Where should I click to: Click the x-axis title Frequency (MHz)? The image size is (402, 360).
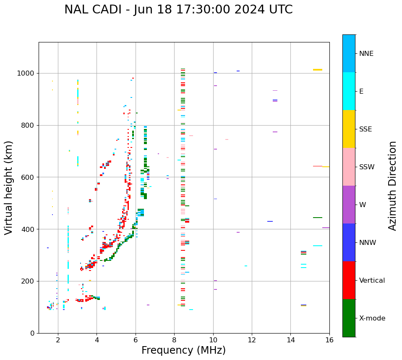pyautogui.click(x=183, y=350)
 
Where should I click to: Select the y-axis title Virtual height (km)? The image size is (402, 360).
pyautogui.click(x=9, y=188)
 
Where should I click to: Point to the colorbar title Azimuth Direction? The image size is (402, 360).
pyautogui.click(x=392, y=186)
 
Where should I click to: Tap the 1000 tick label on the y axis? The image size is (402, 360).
pyautogui.click(x=26, y=74)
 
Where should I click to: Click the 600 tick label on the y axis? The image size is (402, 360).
pyautogui.click(x=28, y=177)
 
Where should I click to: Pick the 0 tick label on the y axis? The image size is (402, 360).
pyautogui.click(x=32, y=333)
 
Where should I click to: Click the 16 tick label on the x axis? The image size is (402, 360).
pyautogui.click(x=329, y=340)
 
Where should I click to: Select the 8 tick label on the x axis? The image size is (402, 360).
pyautogui.click(x=174, y=340)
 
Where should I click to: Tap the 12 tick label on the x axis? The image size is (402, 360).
pyautogui.click(x=252, y=340)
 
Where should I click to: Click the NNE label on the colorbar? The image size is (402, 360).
pyautogui.click(x=366, y=54)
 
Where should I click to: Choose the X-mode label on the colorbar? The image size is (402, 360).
pyautogui.click(x=372, y=318)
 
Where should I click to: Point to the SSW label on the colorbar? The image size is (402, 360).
pyautogui.click(x=367, y=167)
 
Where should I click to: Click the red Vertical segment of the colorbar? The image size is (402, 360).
pyautogui.click(x=349, y=280)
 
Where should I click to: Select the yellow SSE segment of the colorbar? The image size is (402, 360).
pyautogui.click(x=349, y=129)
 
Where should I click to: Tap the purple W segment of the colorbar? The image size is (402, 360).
pyautogui.click(x=349, y=205)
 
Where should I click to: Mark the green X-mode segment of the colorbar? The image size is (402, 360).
pyautogui.click(x=349, y=318)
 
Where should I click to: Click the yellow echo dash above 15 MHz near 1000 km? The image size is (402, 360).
pyautogui.click(x=318, y=70)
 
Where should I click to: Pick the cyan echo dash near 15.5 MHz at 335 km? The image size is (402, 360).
pyautogui.click(x=318, y=246)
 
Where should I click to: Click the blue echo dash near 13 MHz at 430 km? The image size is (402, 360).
pyautogui.click(x=270, y=221)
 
